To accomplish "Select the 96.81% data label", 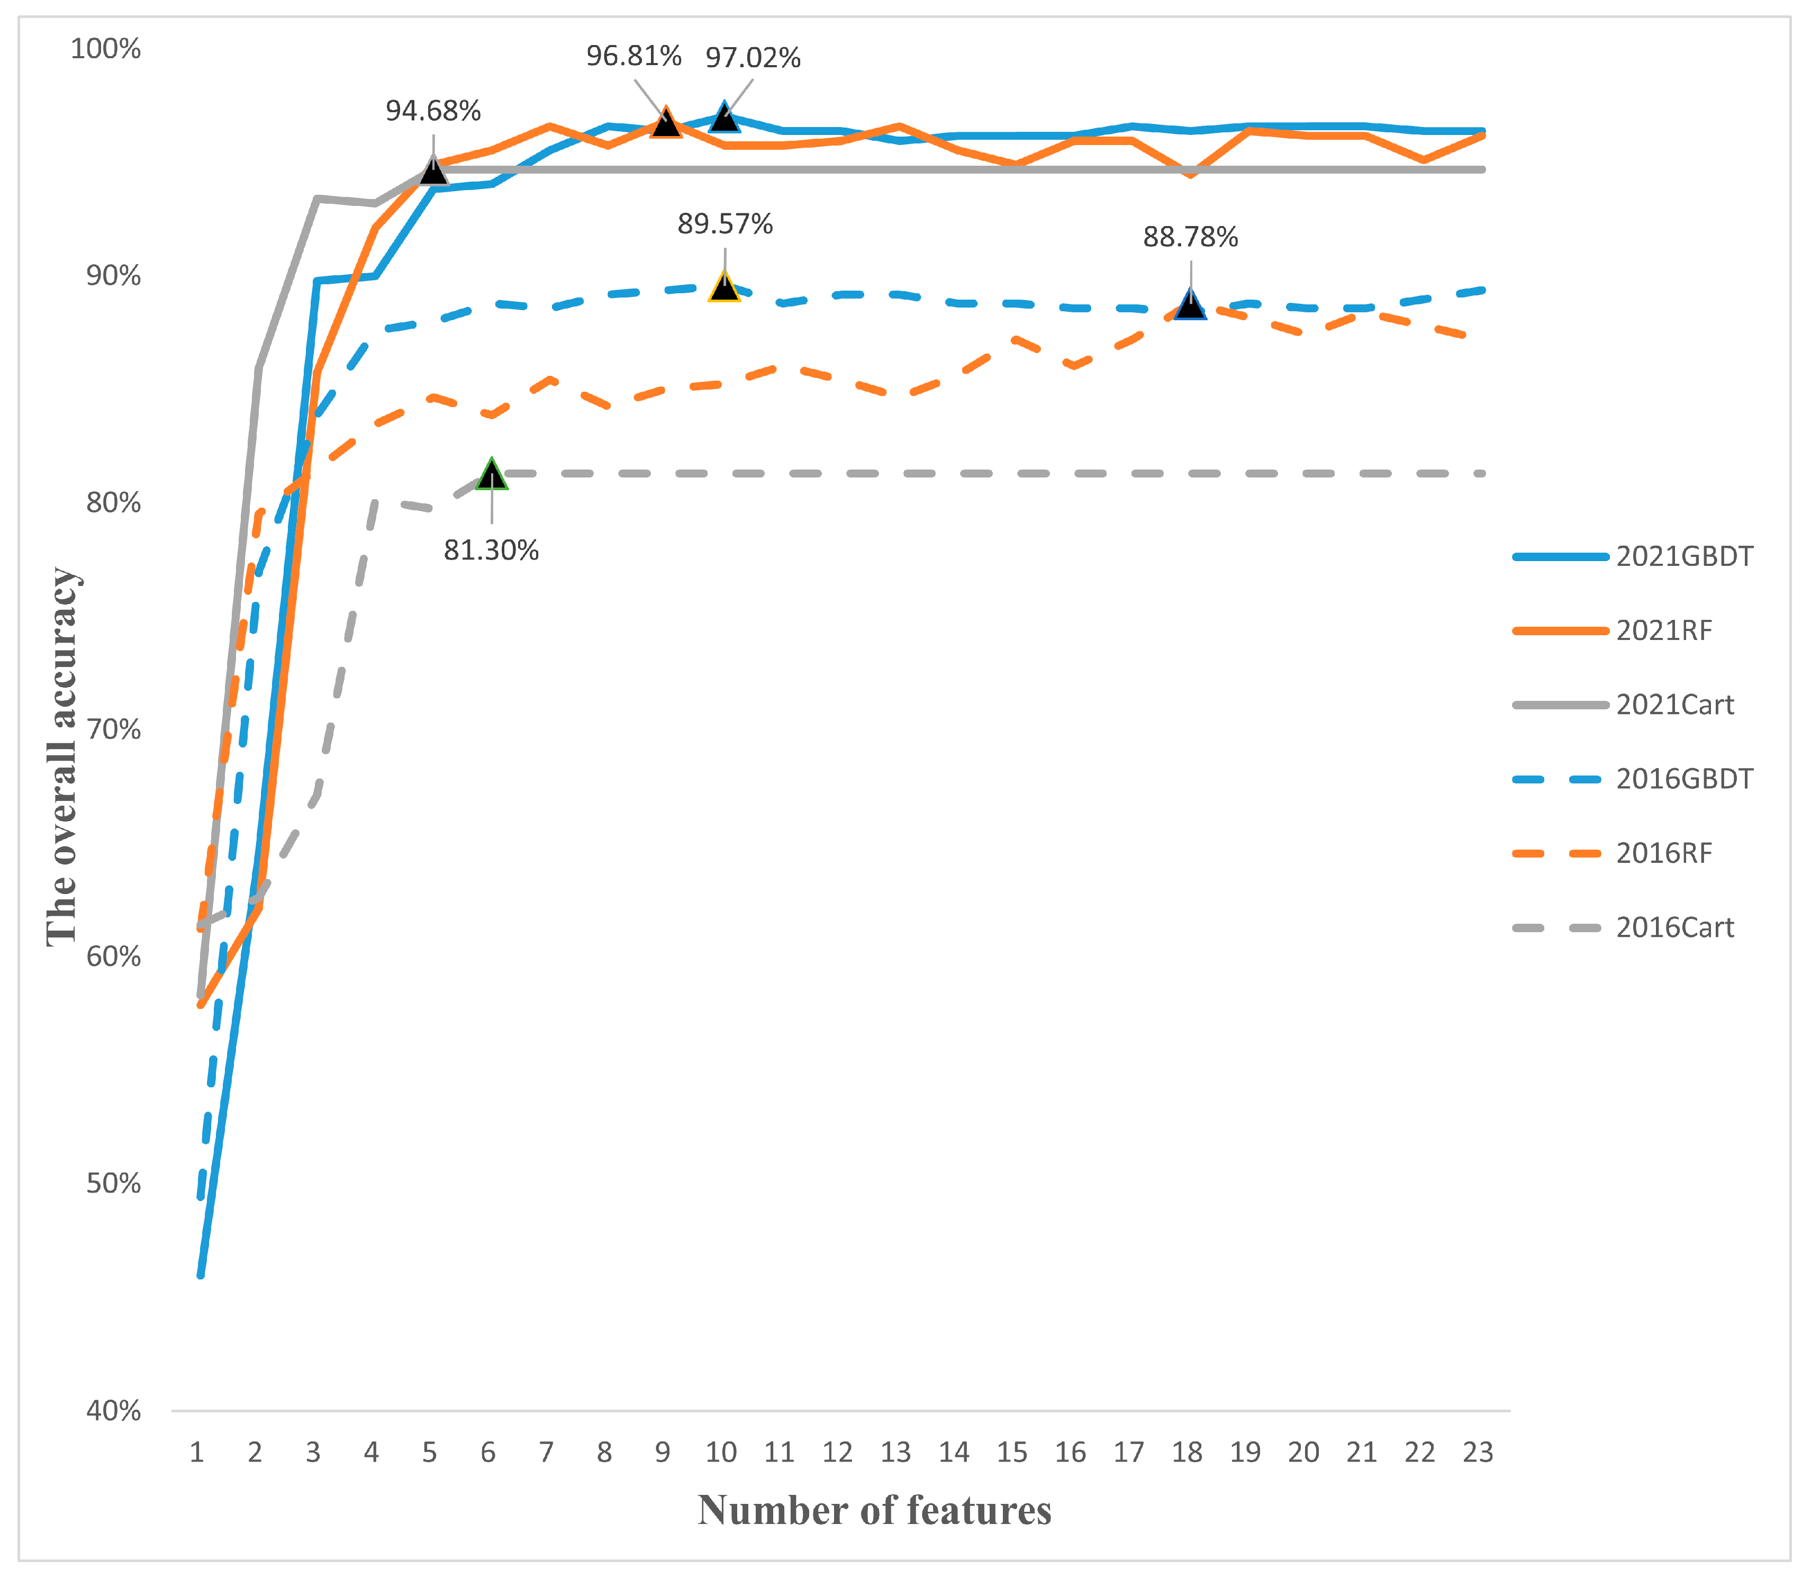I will pyautogui.click(x=634, y=56).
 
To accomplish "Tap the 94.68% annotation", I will pyautogui.click(x=433, y=111).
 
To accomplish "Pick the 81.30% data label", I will pyautogui.click(x=491, y=551).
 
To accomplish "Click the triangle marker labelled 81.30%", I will pyautogui.click(x=491, y=475).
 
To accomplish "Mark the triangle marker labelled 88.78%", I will pyautogui.click(x=1190, y=304).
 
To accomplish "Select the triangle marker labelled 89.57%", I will pyautogui.click(x=723, y=287).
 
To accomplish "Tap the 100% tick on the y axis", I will pyautogui.click(x=106, y=48).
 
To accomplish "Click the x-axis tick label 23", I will pyautogui.click(x=1478, y=1452).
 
